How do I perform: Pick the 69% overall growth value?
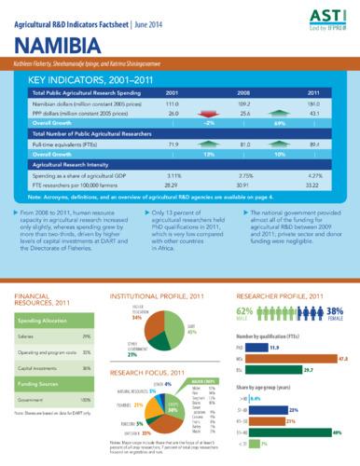279,122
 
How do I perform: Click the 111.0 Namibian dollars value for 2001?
173,103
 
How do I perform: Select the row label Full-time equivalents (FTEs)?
66,144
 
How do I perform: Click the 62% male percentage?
246,310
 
